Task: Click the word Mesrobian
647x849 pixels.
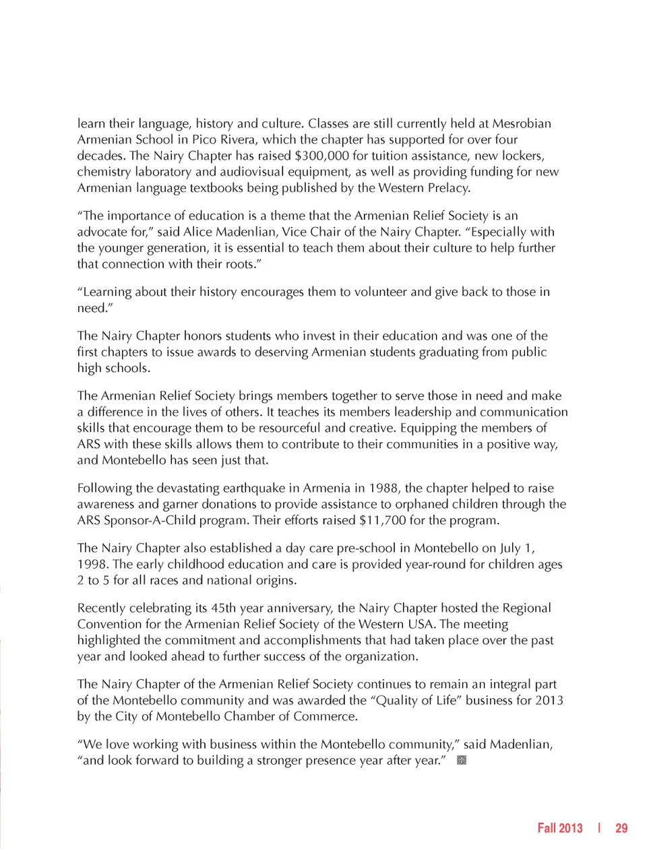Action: pyautogui.click(x=522, y=123)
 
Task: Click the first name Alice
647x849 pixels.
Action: pyautogui.click(x=197, y=232)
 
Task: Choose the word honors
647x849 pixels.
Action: pyautogui.click(x=202, y=336)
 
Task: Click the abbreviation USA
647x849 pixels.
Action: pyautogui.click(x=421, y=624)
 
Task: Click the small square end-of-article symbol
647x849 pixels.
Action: pyautogui.click(x=462, y=761)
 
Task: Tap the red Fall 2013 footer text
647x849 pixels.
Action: pyautogui.click(x=559, y=828)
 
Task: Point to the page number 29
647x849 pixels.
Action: pyautogui.click(x=621, y=828)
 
